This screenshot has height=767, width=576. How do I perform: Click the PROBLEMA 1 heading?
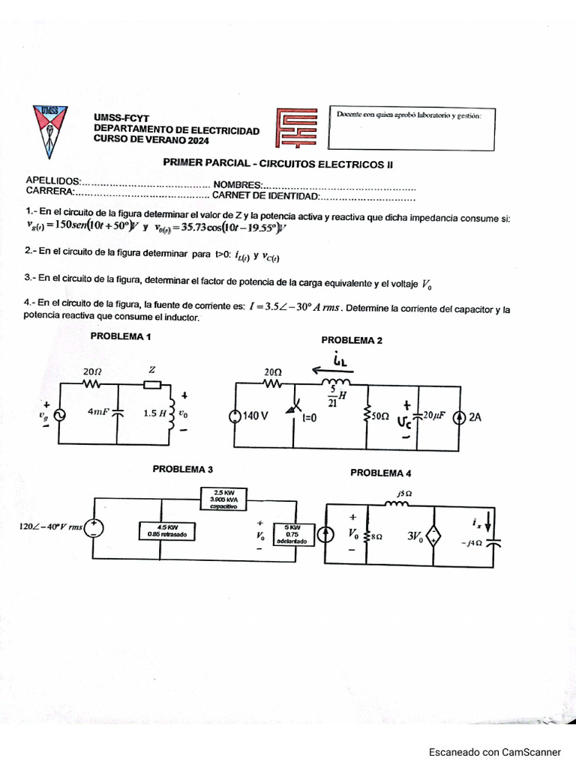pyautogui.click(x=121, y=336)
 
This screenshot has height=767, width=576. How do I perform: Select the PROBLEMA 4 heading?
pyautogui.click(x=380, y=473)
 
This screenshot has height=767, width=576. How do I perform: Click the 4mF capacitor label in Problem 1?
pyautogui.click(x=98, y=412)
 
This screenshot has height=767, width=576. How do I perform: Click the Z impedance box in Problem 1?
pyautogui.click(x=152, y=385)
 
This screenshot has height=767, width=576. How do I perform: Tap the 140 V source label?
pyautogui.click(x=255, y=418)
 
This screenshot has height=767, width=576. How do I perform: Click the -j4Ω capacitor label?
pyautogui.click(x=473, y=544)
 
